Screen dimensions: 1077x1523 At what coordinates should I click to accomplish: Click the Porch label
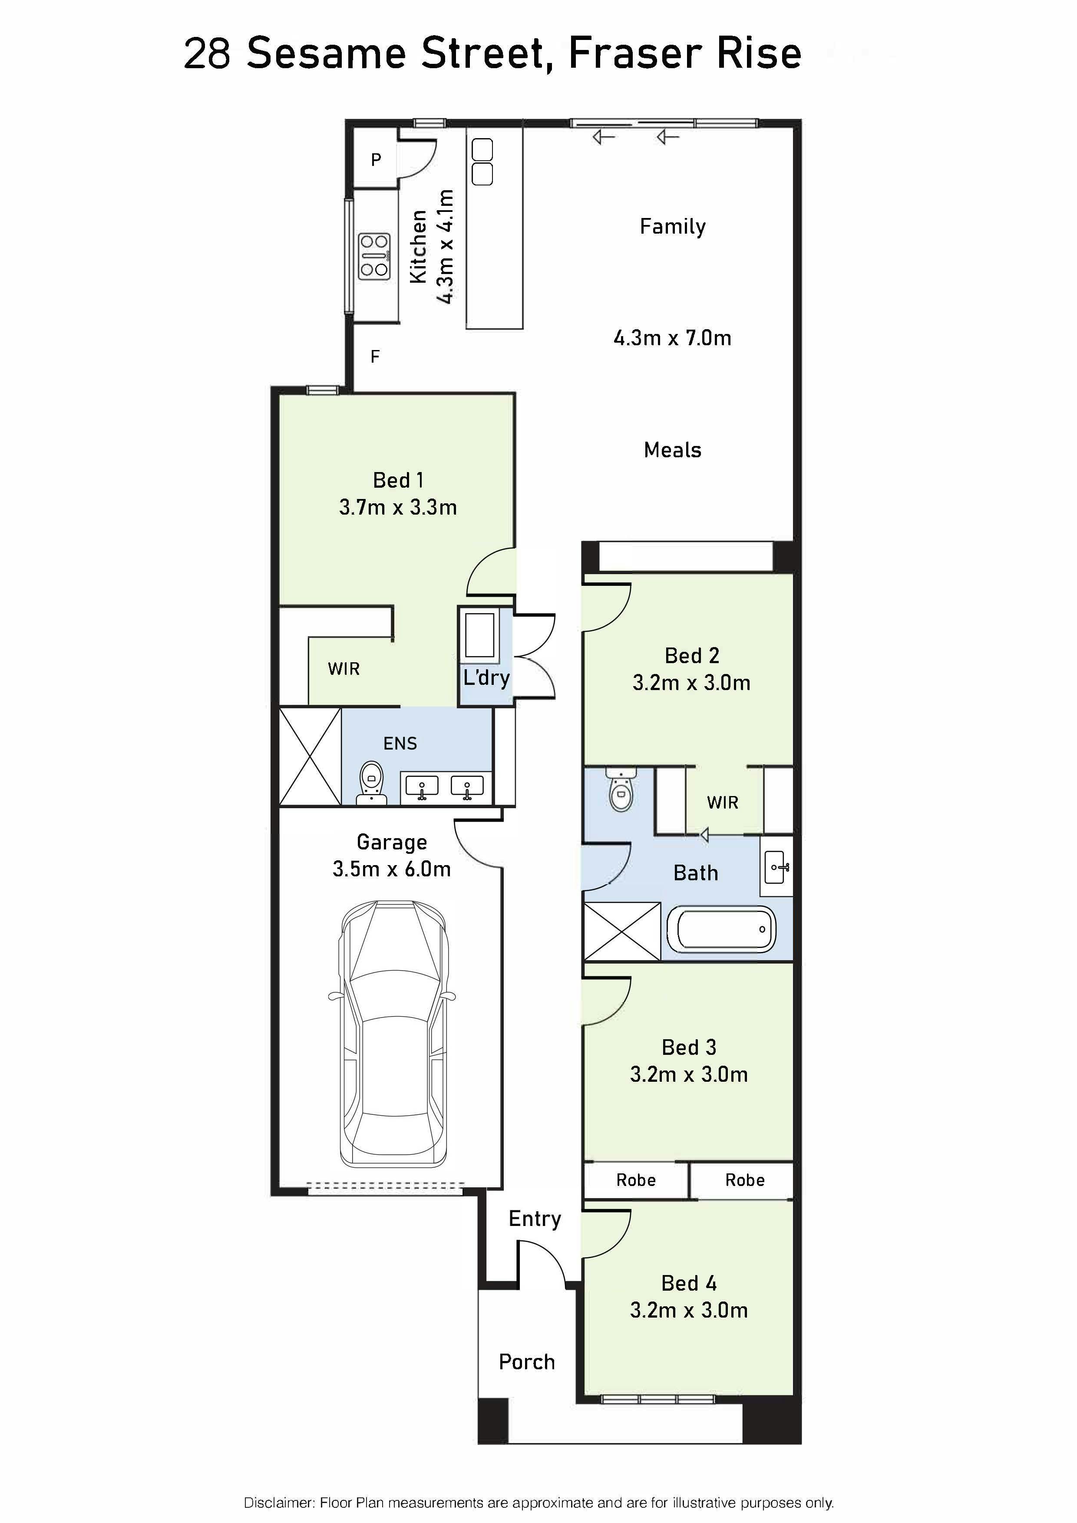tap(527, 1362)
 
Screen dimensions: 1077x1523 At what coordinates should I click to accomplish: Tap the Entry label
tap(535, 1219)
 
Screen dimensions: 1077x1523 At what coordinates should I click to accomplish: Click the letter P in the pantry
tap(376, 159)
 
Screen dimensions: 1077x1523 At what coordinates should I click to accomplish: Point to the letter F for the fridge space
tap(375, 357)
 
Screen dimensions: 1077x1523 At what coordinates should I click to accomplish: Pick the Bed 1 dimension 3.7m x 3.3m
tap(398, 507)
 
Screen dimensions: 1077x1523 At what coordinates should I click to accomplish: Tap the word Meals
tap(672, 450)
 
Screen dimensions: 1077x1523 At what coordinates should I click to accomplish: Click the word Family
tap(672, 227)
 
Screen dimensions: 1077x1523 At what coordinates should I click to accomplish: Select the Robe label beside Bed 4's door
tap(636, 1180)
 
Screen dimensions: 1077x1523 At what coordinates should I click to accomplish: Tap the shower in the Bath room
tap(622, 932)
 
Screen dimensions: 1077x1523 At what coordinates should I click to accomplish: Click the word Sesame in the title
tap(326, 54)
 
